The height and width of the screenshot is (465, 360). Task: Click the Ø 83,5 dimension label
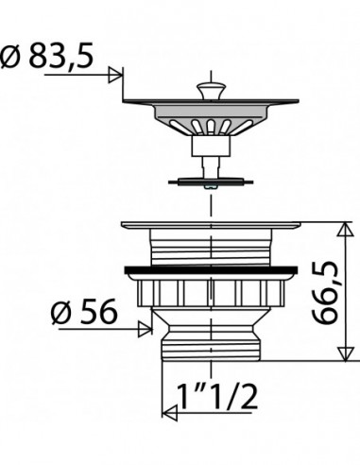point(47,56)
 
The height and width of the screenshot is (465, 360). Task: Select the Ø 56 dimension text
point(84,312)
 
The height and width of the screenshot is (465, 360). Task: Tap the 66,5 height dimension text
point(325,292)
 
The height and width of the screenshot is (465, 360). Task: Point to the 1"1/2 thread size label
point(217,396)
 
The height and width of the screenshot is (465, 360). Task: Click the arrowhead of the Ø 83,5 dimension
point(115,75)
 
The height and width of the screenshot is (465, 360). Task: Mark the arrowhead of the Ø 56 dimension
point(146,329)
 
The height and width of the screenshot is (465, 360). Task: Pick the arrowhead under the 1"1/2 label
point(169,412)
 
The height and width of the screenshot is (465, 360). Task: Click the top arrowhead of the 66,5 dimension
point(345,229)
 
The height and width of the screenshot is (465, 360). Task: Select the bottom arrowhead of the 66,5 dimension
point(345,353)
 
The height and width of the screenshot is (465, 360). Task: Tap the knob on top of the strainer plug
point(211,91)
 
